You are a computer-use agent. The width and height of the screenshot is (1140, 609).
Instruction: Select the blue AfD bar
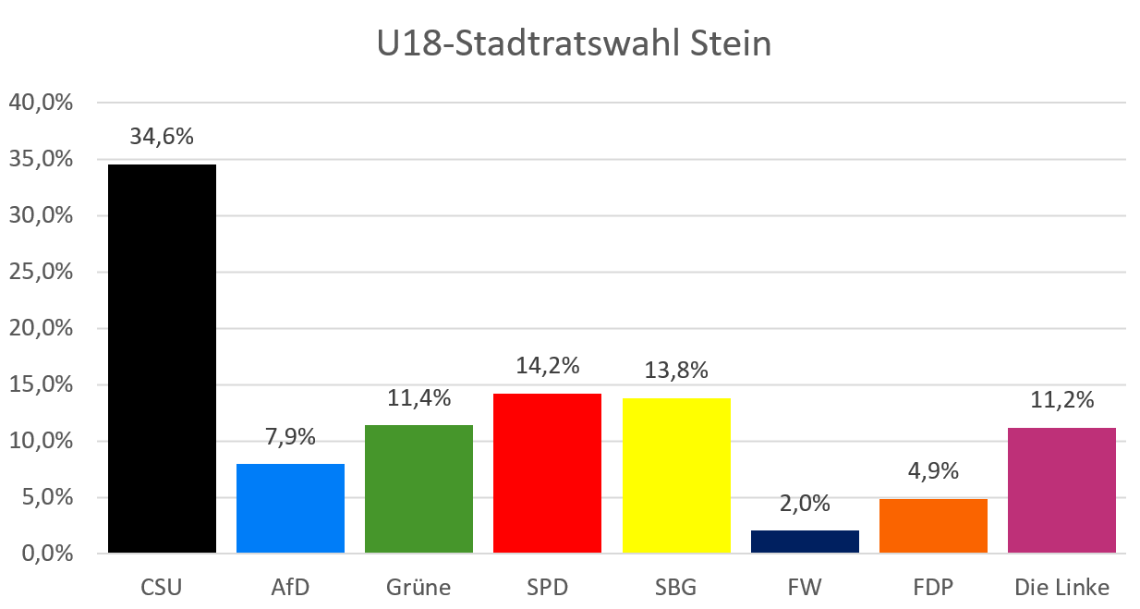coord(290,508)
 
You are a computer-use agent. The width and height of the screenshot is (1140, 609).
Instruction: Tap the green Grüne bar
coord(418,489)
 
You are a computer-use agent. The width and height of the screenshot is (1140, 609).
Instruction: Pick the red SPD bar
coord(547,473)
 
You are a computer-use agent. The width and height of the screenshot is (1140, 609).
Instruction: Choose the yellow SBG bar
coord(676,476)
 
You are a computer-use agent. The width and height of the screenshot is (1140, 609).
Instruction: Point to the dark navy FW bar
coord(805,542)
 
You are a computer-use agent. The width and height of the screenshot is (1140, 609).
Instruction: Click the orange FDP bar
coord(933,526)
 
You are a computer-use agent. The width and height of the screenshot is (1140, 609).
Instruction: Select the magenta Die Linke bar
coord(1061,491)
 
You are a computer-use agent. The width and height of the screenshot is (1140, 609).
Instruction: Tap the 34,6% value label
coord(163,137)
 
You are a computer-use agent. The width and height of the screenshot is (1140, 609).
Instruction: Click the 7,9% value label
coord(291,435)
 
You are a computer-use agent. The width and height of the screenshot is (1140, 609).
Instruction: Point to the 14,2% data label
coord(548,365)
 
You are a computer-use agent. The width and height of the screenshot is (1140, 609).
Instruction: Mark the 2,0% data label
coord(805,504)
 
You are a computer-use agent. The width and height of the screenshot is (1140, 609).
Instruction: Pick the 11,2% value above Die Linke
coord(1062,400)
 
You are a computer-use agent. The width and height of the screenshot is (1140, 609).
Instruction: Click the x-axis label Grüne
coord(418,588)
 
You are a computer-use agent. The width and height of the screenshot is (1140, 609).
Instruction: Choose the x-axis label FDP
coord(933,588)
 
